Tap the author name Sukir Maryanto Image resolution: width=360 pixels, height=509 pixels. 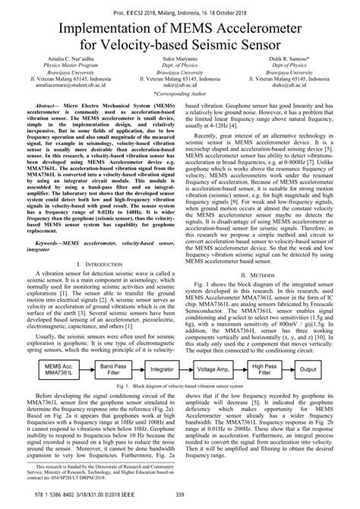[x=179, y=68]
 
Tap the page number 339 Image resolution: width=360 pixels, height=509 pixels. [x=180, y=497]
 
